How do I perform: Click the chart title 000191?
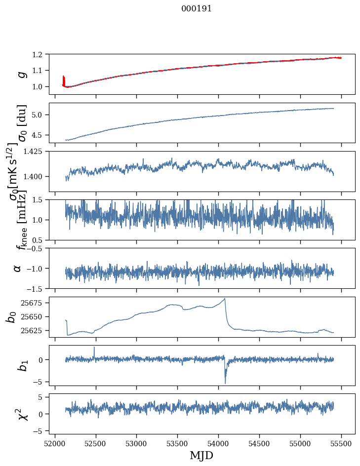click(197, 9)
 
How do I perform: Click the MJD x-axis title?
click(201, 455)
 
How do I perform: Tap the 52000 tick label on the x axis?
click(55, 443)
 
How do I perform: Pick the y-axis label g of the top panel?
click(21, 74)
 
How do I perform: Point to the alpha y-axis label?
click(18, 268)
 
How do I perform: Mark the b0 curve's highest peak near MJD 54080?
click(225, 299)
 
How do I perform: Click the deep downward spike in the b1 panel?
click(225, 383)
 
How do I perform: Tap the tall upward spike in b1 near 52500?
click(94, 348)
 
